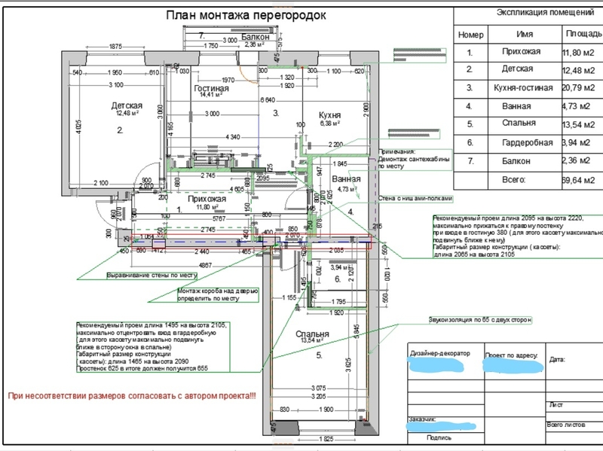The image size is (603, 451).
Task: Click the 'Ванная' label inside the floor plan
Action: coord(345,180)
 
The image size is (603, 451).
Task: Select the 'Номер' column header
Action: coord(470,35)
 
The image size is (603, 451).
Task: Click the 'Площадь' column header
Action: coord(583,35)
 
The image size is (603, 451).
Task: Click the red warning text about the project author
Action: coord(131,396)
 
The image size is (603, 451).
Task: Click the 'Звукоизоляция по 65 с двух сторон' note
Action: coord(479,319)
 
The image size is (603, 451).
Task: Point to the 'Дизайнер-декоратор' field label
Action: coord(439,352)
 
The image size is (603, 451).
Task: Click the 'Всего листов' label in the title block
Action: coord(565,425)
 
